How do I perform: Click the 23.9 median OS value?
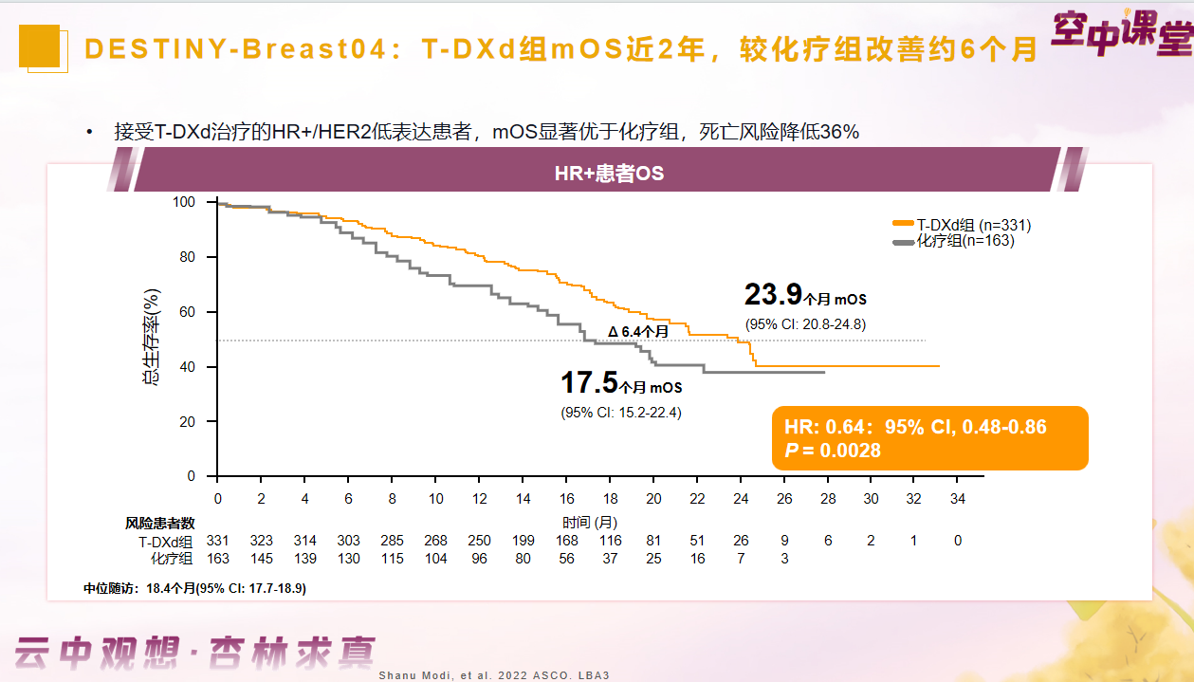[x=774, y=295]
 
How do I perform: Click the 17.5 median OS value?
[x=589, y=383]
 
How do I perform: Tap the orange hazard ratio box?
[x=929, y=438]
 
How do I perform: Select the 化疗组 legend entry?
[x=953, y=241]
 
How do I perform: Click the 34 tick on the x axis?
[x=958, y=499]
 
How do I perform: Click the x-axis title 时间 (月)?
[x=589, y=523]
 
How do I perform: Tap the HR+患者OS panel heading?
[x=609, y=175]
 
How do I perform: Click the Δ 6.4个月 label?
[x=638, y=331]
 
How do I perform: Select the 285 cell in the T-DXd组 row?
[x=392, y=541]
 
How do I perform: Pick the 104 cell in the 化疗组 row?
[x=435, y=559]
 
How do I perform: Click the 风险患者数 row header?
[x=160, y=523]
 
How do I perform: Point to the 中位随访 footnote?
[x=195, y=588]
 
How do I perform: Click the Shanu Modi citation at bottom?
[x=493, y=674]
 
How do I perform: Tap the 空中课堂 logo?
[x=1121, y=34]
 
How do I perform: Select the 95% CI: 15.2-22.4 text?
[x=620, y=412]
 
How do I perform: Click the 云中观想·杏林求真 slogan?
[x=194, y=652]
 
